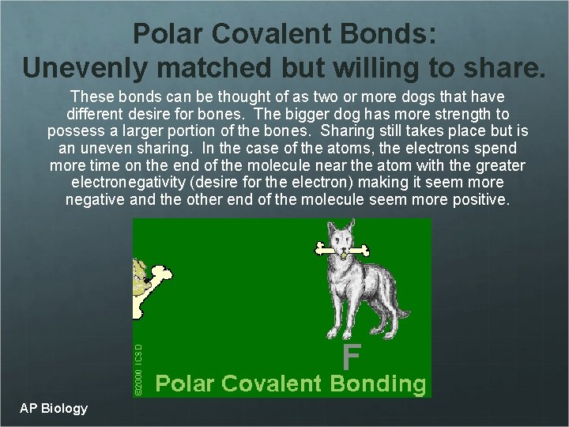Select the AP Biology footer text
point(55,408)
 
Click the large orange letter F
point(352,357)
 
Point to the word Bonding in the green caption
point(378,384)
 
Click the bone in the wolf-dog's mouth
point(341,251)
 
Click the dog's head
point(341,238)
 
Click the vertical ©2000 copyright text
point(138,368)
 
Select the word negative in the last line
point(95,200)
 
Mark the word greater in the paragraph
point(499,165)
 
